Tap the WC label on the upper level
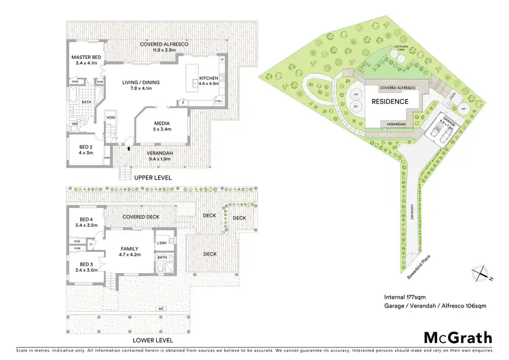click(76, 124)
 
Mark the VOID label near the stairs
click(111, 118)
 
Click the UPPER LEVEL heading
click(153, 177)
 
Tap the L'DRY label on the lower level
click(162, 243)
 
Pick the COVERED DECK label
click(140, 217)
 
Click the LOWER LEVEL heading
click(153, 340)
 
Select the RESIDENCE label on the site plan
click(390, 101)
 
